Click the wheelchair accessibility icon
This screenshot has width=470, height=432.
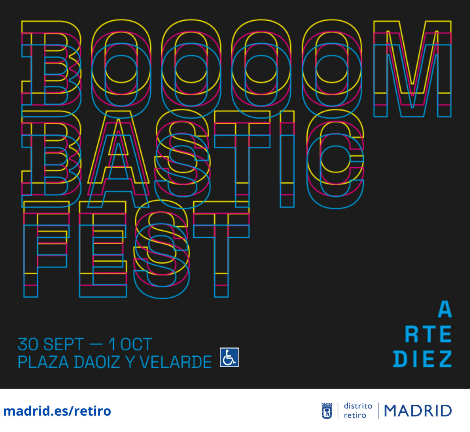click(229, 357)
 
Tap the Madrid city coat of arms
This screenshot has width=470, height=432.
click(326, 411)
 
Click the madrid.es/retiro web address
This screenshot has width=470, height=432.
click(57, 411)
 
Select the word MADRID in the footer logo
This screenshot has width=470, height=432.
click(418, 411)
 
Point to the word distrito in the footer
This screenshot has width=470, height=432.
click(358, 406)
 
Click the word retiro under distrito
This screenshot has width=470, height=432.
click(355, 415)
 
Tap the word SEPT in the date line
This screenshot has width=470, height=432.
click(64, 344)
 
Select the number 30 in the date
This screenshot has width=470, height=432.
click(28, 344)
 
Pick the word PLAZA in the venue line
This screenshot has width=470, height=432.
click(43, 362)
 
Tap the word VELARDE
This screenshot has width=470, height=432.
click(176, 362)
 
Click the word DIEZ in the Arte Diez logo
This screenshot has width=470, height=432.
click(422, 359)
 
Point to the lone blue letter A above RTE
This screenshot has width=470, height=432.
click(445, 309)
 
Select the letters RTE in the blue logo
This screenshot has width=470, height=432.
click(428, 334)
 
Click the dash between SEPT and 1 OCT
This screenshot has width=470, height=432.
click(96, 344)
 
